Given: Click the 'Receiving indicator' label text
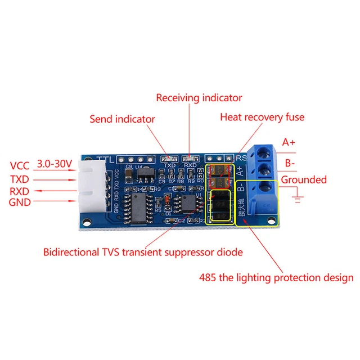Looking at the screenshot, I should [199, 98].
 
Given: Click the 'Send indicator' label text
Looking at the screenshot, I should [122, 119].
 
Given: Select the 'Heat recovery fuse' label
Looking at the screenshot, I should [262, 117].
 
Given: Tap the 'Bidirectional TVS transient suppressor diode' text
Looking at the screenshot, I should [143, 252].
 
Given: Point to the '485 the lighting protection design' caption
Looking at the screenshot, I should [276, 277].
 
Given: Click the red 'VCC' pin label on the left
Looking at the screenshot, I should [20, 166].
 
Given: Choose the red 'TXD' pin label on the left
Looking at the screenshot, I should [20, 179].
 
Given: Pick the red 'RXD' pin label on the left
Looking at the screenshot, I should [20, 191].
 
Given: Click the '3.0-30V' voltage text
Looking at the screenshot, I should [55, 164].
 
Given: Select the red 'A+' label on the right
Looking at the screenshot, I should [289, 142].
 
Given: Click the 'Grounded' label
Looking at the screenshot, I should [304, 180].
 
